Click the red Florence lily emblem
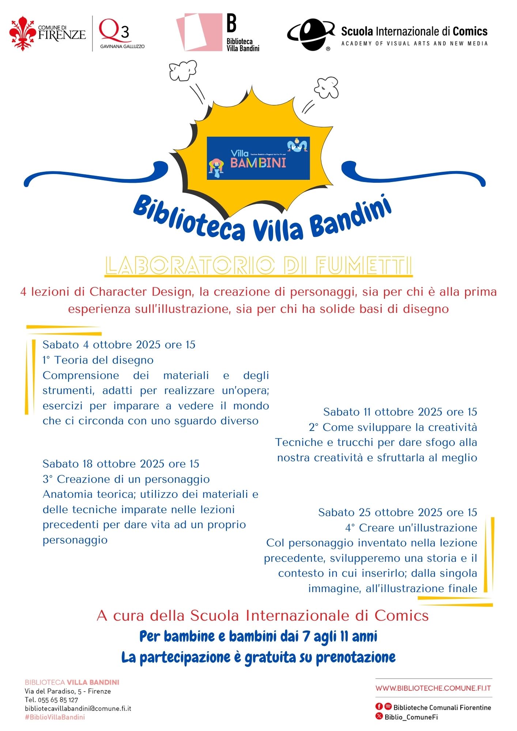tap(23, 33)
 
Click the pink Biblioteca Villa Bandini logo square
tap(199, 32)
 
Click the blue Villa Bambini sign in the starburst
tap(258, 158)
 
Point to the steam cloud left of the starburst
tap(183, 70)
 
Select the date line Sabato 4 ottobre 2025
tap(119, 345)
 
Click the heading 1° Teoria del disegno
tap(98, 360)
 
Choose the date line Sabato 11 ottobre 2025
tap(400, 412)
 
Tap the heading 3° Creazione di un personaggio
tap(126, 479)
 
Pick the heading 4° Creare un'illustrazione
tap(411, 528)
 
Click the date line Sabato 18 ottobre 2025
tap(121, 464)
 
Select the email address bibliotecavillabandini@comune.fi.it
tap(78, 708)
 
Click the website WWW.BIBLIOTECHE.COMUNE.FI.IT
tap(433, 688)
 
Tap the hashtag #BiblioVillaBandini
tap(55, 717)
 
